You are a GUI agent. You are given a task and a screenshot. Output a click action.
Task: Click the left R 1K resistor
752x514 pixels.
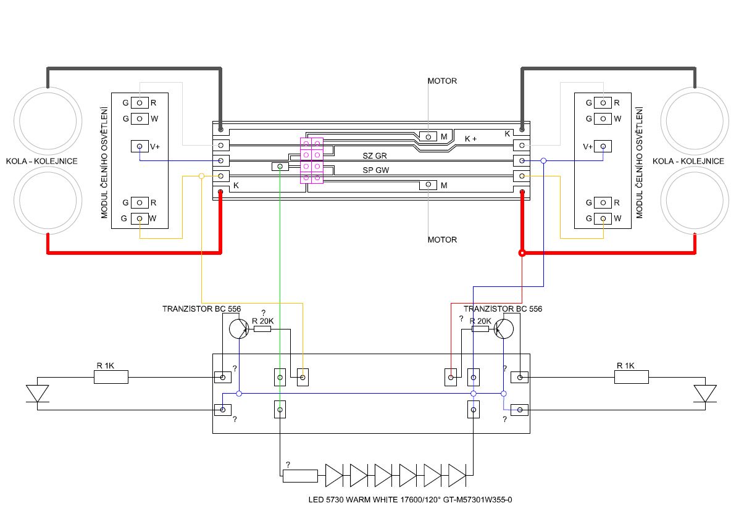pyautogui.click(x=111, y=376)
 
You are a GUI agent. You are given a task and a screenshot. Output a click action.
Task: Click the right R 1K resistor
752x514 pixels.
pyautogui.click(x=631, y=376)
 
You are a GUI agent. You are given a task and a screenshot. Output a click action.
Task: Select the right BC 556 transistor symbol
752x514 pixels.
pyautogui.click(x=504, y=329)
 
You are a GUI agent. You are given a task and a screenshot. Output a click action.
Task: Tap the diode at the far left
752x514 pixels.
pyautogui.click(x=37, y=393)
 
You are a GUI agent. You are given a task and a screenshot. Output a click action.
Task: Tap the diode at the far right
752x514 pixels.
pyautogui.click(x=705, y=393)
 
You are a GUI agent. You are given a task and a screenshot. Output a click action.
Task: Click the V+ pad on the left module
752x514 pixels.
pyautogui.click(x=140, y=146)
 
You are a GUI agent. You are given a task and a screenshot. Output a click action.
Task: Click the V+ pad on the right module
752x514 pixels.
pyautogui.click(x=603, y=146)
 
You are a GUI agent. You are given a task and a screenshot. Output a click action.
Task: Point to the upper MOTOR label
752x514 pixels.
pyautogui.click(x=442, y=81)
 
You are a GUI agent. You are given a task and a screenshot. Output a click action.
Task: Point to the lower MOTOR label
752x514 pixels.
pyautogui.click(x=442, y=239)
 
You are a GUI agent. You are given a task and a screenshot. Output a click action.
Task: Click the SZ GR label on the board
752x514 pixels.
pyautogui.click(x=375, y=156)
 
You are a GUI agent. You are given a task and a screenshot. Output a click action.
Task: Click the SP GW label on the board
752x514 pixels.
pyautogui.click(x=375, y=170)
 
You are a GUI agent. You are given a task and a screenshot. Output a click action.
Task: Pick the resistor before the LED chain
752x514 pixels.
pyautogui.click(x=300, y=475)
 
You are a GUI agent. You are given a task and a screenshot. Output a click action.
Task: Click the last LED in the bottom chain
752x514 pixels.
pyautogui.click(x=457, y=475)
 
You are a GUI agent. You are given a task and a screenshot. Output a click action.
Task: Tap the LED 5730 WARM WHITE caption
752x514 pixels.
pyautogui.click(x=410, y=500)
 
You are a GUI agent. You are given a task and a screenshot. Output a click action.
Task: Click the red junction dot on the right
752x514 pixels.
pyautogui.click(x=522, y=253)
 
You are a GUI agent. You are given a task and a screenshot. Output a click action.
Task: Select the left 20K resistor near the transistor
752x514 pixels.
pyautogui.click(x=262, y=329)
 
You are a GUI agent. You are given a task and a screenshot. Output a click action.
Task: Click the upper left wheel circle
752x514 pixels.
pyautogui.click(x=48, y=118)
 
